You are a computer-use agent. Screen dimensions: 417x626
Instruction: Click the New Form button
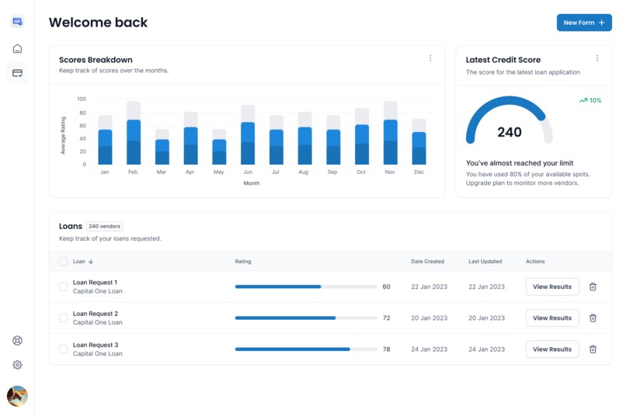point(584,23)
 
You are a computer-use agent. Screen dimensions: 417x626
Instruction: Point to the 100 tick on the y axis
point(82,99)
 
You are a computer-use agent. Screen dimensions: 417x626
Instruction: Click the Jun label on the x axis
point(248,172)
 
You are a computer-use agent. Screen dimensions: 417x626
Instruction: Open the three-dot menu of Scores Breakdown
point(430,58)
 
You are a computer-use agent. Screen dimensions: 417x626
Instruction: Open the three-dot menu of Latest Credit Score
point(597,58)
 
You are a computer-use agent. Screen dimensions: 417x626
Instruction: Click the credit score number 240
point(509,132)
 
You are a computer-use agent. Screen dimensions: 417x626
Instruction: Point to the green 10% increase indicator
point(590,100)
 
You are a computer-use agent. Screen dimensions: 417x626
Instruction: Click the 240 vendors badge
point(104,226)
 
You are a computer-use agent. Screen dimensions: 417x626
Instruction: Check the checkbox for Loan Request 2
point(64,318)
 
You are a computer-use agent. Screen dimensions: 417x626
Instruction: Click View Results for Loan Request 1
point(552,287)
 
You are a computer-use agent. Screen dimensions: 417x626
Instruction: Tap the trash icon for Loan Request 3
point(593,349)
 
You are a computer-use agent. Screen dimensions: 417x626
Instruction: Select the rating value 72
point(386,318)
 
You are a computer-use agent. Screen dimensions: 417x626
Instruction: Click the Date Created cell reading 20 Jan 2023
point(429,318)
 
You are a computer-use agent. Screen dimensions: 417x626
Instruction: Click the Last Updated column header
point(485,262)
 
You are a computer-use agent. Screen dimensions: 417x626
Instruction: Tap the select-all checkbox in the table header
point(64,262)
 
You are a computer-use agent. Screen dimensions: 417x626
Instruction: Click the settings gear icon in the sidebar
point(17,365)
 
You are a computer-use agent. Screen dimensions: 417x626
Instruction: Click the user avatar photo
point(17,396)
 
